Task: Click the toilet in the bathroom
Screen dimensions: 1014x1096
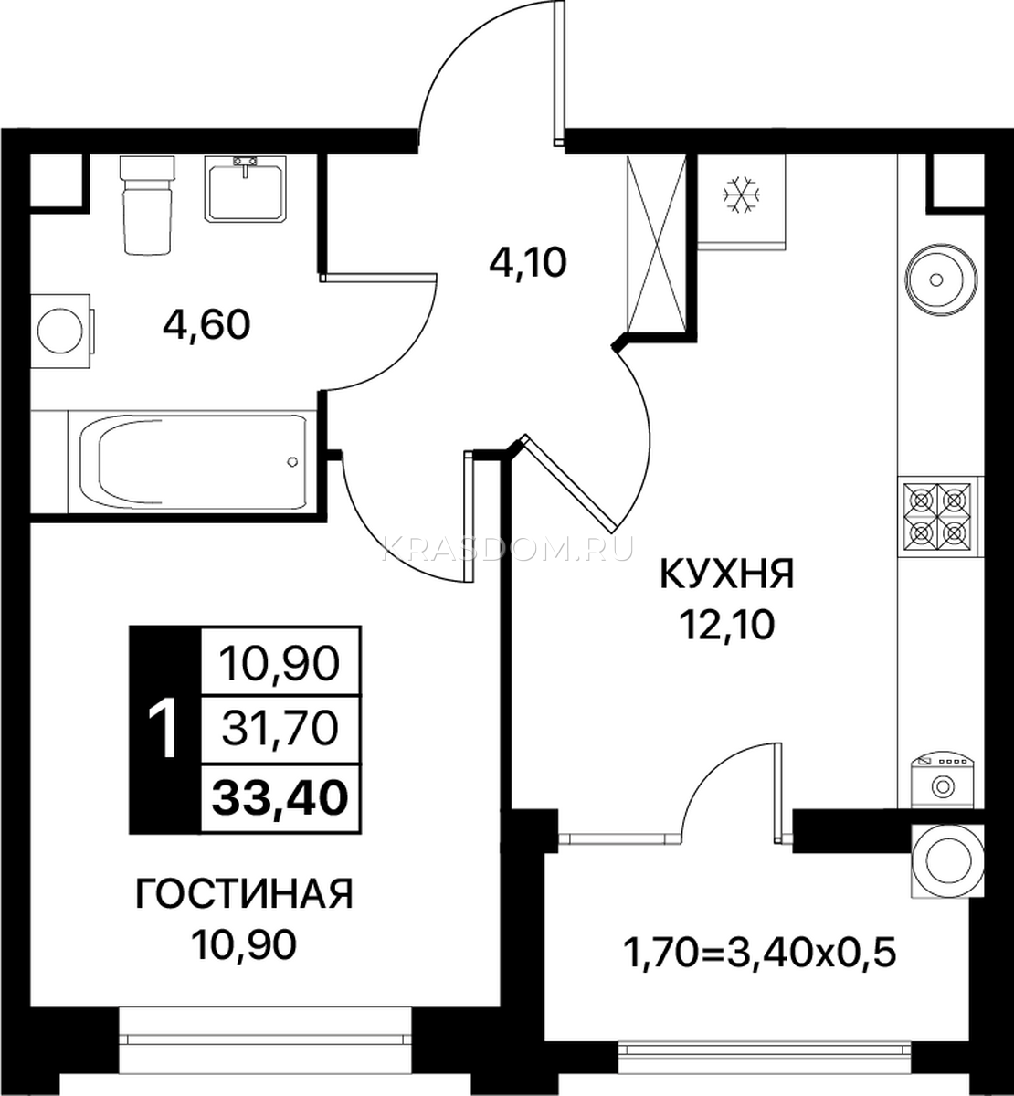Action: [146, 204]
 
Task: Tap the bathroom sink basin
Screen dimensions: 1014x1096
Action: [245, 188]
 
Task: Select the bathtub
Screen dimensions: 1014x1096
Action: [193, 461]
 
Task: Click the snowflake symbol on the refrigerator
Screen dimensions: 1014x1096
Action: [742, 195]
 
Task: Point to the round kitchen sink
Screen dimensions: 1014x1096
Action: [936, 279]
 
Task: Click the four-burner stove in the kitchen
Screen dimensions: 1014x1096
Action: [936, 517]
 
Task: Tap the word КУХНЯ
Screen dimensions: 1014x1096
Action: [726, 574]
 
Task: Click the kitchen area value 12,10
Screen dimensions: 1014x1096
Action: [727, 626]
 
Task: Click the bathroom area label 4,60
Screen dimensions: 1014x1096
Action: [206, 325]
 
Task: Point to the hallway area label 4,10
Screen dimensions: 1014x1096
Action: [528, 263]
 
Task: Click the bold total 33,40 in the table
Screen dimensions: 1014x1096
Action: [280, 798]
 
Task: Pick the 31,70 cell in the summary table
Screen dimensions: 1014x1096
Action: [280, 730]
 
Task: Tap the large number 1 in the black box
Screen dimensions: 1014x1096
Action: [164, 729]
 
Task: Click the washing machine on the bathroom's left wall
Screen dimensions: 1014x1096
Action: [60, 331]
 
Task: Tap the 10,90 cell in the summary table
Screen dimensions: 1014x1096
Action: [280, 663]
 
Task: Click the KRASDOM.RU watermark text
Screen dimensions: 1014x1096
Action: [507, 550]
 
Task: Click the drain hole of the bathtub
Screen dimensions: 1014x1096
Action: [292, 461]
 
